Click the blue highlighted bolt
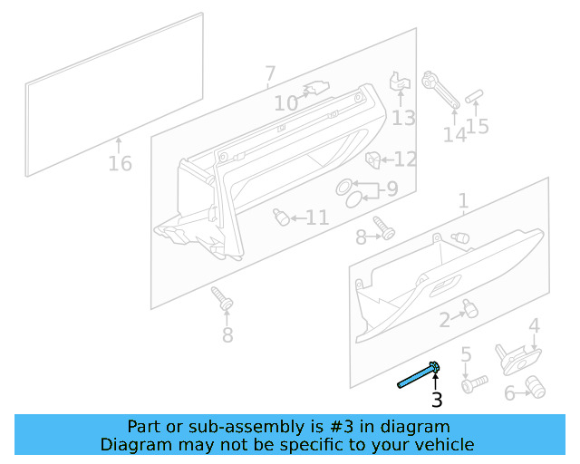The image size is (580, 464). coord(420,374)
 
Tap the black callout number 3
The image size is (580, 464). coord(437,401)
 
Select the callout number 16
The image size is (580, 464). coord(120,164)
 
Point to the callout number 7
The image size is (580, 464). coord(270,73)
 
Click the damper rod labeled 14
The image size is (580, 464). coord(441,92)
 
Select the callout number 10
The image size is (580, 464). coord(285,104)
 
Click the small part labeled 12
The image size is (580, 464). coord(372,159)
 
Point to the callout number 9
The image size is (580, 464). coord(391,189)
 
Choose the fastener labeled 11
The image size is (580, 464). coord(282,217)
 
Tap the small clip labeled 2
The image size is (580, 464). coord(469,309)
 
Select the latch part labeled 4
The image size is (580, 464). coord(513,357)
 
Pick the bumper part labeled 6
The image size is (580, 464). coord(536,389)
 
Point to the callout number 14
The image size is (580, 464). coord(454,134)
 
